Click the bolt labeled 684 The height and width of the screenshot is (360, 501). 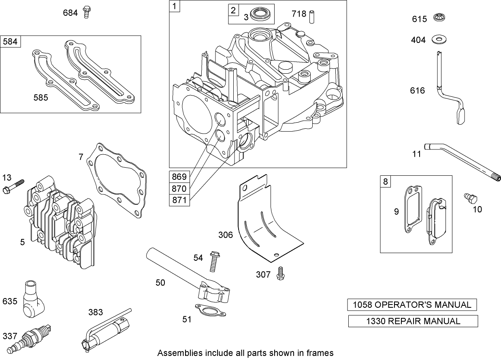pos(86,12)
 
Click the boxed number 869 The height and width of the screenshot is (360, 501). pos(179,177)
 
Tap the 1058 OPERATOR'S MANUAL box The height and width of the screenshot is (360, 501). pos(411,305)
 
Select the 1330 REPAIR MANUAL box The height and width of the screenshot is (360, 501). pos(413,321)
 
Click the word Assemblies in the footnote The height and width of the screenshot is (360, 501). pos(177,353)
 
